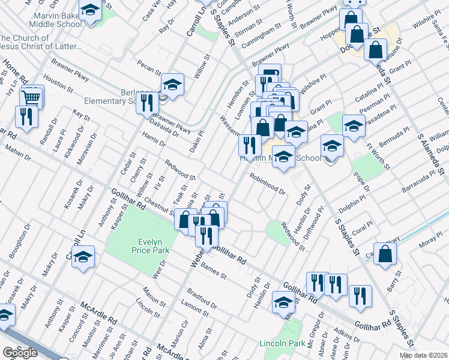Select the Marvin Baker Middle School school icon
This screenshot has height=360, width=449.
tap(90, 11)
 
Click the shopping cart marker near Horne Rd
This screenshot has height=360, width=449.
tap(32, 97)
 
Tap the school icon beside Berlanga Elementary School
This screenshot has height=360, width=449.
tap(172, 85)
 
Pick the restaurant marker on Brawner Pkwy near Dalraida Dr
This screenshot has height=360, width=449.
tap(147, 103)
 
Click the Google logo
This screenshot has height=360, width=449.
tap(20, 353)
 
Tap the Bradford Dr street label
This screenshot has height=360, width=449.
tap(202, 297)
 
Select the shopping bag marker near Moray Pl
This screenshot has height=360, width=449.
tap(385, 254)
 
